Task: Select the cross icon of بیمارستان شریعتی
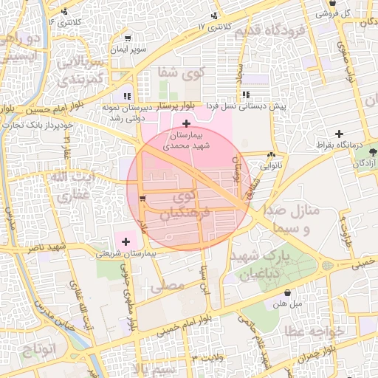[x=126, y=241]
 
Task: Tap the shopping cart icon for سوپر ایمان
[x=128, y=38]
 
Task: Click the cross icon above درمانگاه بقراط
[x=338, y=134]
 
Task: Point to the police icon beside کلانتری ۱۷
[x=214, y=16]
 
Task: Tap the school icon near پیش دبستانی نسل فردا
[x=246, y=94]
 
